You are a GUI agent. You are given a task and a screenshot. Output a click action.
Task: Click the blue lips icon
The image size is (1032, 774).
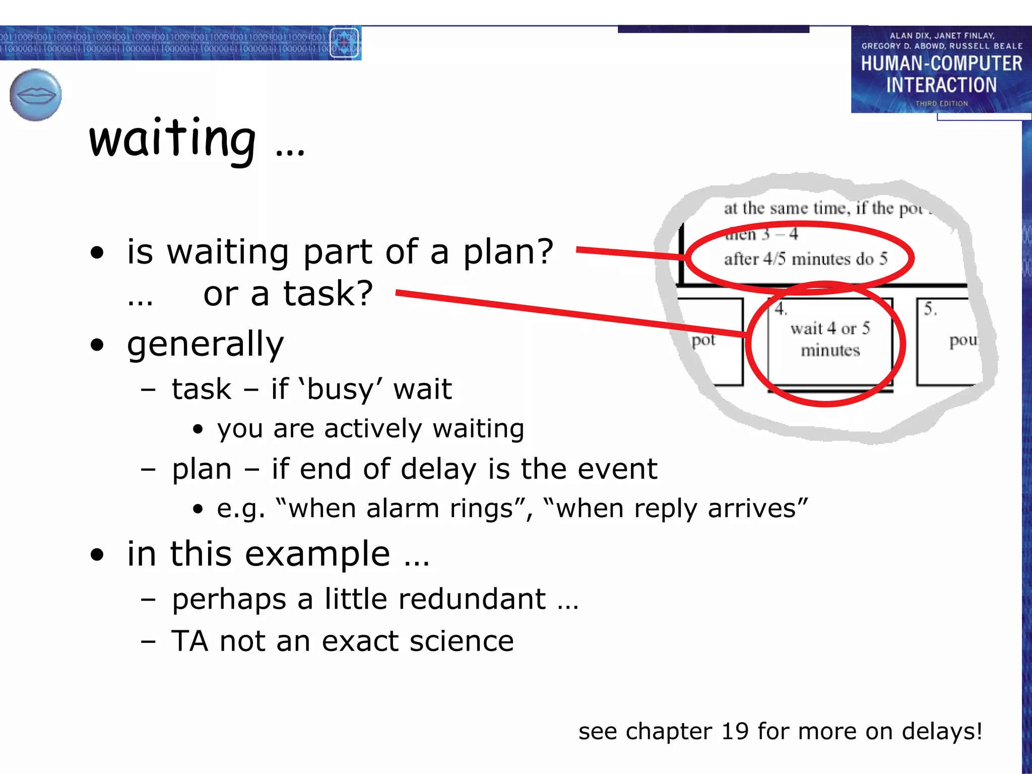coord(35,95)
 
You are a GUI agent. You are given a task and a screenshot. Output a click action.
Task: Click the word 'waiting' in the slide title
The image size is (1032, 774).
coord(172,139)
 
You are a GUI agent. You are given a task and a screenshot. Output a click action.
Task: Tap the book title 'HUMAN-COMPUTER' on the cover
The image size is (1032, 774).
coord(941,63)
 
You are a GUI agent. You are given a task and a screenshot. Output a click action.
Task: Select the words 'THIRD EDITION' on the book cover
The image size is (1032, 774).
coord(941,103)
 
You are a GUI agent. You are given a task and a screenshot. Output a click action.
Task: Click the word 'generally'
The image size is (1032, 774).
coord(205,345)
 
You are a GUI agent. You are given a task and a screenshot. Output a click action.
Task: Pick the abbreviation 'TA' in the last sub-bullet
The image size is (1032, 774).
coord(189,641)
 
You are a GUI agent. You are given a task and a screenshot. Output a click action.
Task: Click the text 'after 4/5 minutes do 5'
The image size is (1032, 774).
coord(805,259)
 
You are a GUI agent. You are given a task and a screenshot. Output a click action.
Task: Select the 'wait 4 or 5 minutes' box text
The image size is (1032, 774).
coord(830,339)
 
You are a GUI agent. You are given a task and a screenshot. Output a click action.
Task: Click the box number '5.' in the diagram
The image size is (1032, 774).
coord(930,309)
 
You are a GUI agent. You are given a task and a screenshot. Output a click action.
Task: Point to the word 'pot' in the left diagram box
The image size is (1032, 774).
coord(703,341)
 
